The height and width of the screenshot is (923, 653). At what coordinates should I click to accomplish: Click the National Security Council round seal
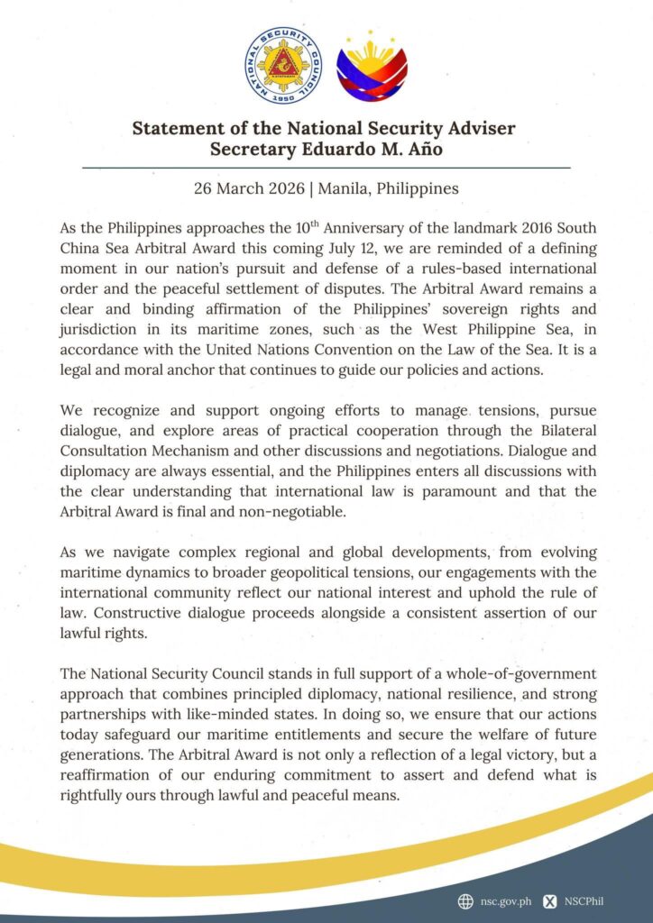282,65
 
